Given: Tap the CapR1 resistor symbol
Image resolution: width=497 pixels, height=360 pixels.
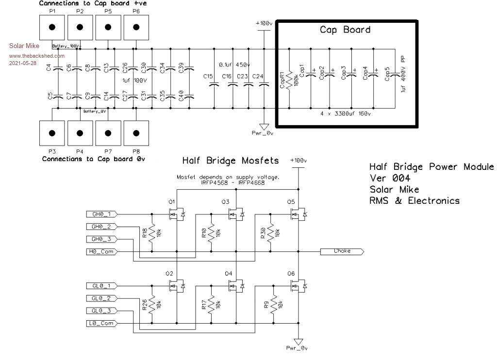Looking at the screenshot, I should (289, 78).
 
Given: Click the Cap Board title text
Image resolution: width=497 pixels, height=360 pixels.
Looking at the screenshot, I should (345, 30).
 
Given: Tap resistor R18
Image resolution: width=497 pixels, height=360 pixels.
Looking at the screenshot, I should (152, 233).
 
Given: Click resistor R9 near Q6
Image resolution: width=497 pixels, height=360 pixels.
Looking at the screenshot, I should (273, 304).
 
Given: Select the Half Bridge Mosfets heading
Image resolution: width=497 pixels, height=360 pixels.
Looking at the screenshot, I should (231, 160).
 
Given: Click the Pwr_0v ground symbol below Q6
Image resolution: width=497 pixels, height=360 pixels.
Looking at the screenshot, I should (297, 341).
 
